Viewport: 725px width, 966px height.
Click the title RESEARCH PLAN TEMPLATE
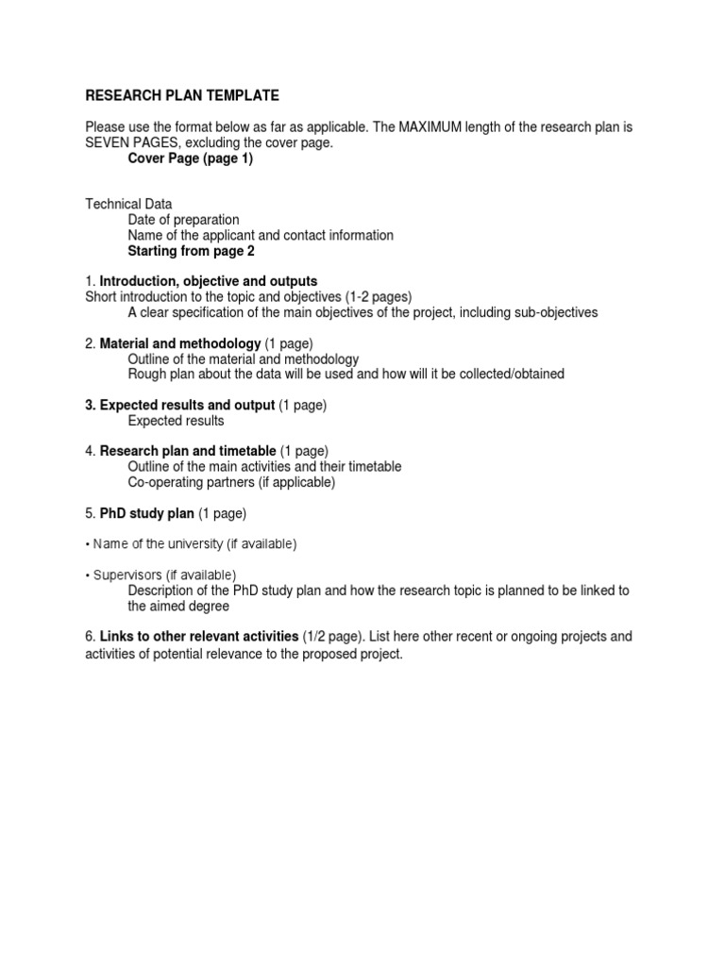tap(182, 96)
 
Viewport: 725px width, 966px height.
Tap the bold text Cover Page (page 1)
tap(190, 158)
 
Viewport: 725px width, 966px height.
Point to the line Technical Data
tap(129, 204)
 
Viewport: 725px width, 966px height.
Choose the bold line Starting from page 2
tap(191, 251)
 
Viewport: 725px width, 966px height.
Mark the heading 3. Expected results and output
tap(180, 405)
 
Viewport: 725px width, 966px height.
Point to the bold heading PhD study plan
tap(146, 513)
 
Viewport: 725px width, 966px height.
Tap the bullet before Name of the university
tap(88, 544)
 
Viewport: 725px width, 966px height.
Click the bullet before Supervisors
tap(88, 575)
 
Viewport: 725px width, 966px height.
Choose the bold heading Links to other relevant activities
tap(199, 637)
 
